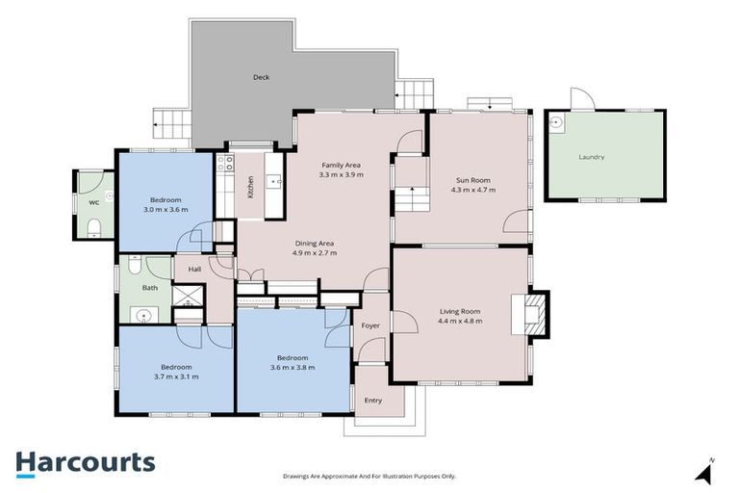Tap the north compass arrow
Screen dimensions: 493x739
(705, 472)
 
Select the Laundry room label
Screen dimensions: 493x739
(592, 156)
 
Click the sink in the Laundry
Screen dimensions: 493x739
(557, 122)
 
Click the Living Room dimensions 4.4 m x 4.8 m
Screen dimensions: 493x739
(460, 321)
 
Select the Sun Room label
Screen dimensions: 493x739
(472, 180)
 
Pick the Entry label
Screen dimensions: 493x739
(372, 401)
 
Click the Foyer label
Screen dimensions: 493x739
(370, 325)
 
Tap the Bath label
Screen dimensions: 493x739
(149, 287)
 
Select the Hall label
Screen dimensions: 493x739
(194, 270)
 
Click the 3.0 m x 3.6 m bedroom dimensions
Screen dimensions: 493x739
(166, 209)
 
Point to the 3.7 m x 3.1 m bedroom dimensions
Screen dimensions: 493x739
(176, 376)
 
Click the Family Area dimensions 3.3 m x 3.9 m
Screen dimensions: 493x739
(341, 175)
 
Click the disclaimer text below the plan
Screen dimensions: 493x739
(369, 476)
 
